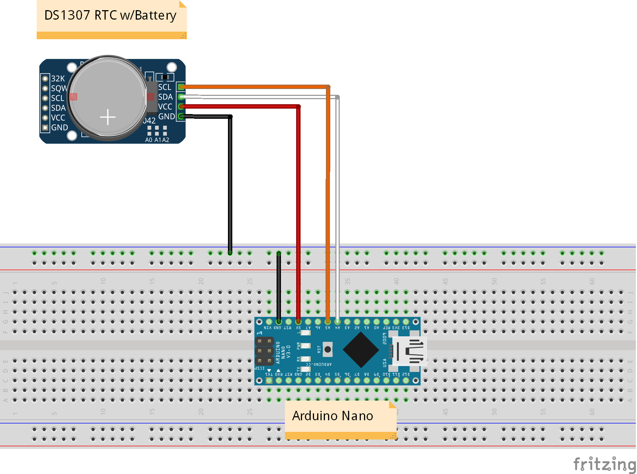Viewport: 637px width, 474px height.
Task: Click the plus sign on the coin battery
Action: point(108,117)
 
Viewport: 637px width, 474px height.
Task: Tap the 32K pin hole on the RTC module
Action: point(45,78)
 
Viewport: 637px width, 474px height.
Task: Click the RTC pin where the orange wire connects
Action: point(181,87)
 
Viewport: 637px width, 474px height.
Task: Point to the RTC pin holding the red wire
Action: point(181,106)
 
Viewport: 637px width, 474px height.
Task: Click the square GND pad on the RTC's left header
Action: point(45,127)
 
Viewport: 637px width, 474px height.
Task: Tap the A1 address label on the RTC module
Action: point(158,140)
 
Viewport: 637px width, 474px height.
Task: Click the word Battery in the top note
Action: point(155,16)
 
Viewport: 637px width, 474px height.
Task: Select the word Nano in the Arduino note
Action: point(357,416)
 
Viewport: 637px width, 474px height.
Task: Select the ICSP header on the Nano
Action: point(265,351)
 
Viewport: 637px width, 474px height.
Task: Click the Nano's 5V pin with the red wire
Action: point(298,322)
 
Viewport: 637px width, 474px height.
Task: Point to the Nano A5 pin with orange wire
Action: point(328,322)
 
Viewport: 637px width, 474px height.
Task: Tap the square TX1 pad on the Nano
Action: point(269,381)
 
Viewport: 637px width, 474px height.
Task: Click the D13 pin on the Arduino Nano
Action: point(406,322)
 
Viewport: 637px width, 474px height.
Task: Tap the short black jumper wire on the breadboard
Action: point(279,287)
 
